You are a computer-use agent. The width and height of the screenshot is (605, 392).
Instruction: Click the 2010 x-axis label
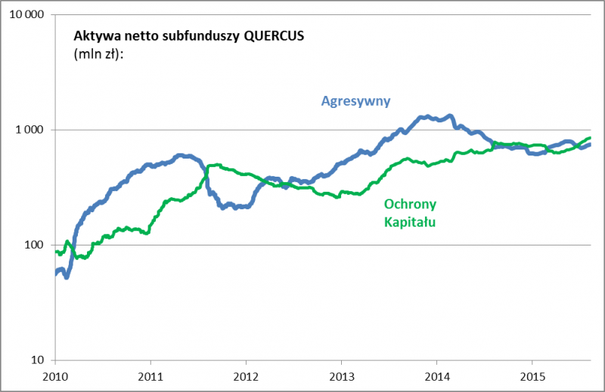pyautogui.click(x=55, y=376)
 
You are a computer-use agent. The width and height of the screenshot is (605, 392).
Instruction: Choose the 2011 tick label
pyautogui.click(x=150, y=376)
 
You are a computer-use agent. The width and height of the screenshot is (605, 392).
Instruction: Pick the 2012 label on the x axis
pyautogui.click(x=247, y=376)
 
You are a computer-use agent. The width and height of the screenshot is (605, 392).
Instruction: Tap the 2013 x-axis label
pyautogui.click(x=342, y=376)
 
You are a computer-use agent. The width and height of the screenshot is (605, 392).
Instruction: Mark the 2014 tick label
pyautogui.click(x=438, y=376)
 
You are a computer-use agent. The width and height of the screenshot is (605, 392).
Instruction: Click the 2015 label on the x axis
pyautogui.click(x=533, y=376)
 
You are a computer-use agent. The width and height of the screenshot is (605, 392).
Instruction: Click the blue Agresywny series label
pyautogui.click(x=350, y=101)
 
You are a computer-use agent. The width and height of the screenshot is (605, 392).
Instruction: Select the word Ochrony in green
pyautogui.click(x=411, y=205)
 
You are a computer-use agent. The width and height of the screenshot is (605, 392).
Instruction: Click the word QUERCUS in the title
pyautogui.click(x=265, y=35)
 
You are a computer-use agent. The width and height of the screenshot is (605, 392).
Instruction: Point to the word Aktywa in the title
pyautogui.click(x=92, y=35)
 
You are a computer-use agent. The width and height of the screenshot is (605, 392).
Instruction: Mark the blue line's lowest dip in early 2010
pyautogui.click(x=67, y=276)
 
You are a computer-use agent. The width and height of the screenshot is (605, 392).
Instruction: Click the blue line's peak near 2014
pyautogui.click(x=451, y=116)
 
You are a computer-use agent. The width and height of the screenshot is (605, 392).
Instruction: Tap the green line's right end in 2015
pyautogui.click(x=590, y=138)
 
